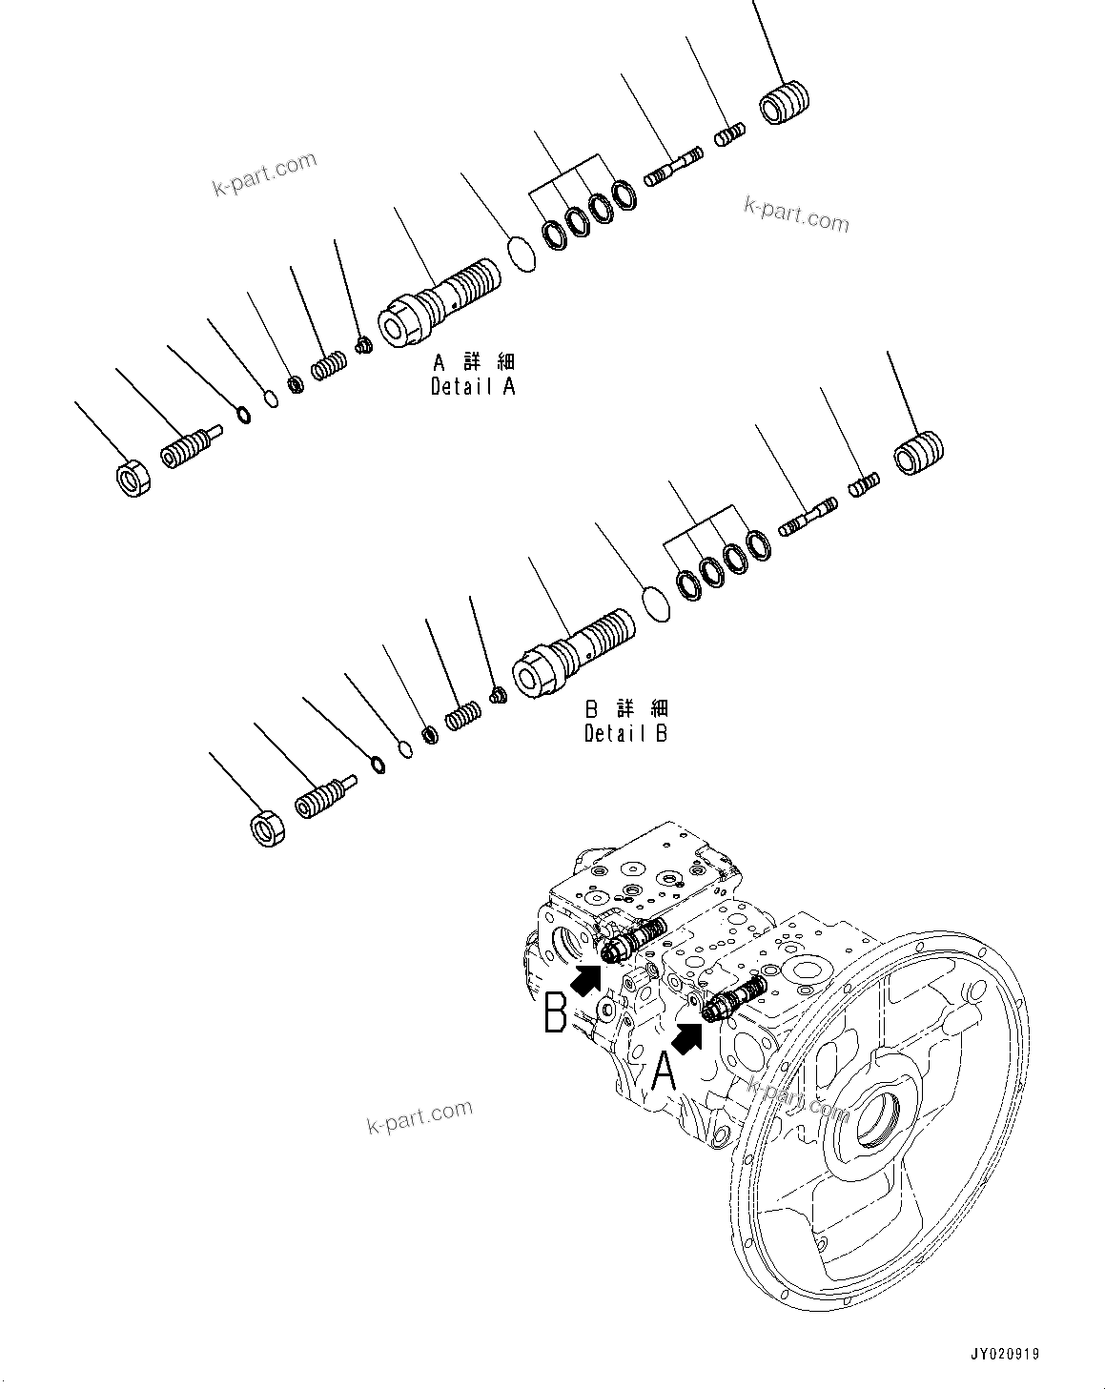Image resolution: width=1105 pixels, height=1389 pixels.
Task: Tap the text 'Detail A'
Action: click(473, 387)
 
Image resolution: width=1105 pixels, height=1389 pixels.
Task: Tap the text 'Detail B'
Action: click(625, 733)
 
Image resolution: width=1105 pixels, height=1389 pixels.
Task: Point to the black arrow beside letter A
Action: click(690, 1035)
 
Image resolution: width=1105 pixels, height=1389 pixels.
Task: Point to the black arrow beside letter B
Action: click(587, 979)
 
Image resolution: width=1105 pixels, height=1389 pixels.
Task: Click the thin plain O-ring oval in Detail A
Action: click(522, 255)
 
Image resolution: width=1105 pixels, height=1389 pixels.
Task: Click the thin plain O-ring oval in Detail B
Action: click(656, 603)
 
